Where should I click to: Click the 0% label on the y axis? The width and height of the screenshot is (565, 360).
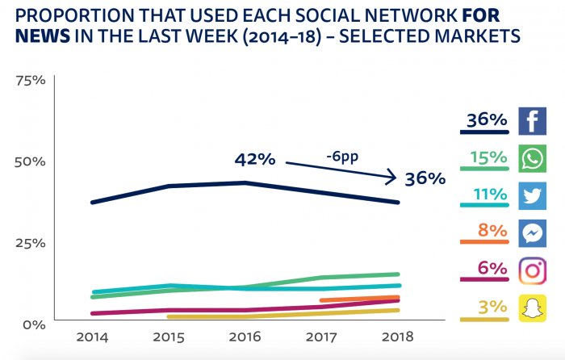pos(33,324)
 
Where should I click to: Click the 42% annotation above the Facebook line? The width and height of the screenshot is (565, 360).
pos(255,159)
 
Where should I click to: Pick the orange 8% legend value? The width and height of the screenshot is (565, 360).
pos(492,231)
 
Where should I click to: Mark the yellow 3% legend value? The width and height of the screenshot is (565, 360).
pos(492,306)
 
